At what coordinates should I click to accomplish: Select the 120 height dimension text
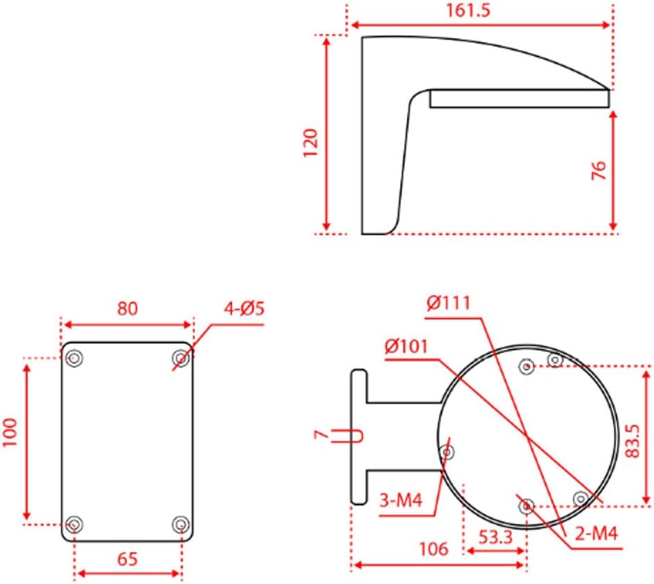point(310,142)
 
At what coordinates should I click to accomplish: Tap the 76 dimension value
point(598,170)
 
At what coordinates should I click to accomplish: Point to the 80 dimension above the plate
point(127,308)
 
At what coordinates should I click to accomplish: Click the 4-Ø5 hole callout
point(244,308)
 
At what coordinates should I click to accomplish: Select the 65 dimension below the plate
point(128,558)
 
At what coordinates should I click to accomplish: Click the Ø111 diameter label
point(449,303)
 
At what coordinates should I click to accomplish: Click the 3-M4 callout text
point(401,500)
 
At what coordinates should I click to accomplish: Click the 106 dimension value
point(433,549)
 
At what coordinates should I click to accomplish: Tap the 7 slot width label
point(320,434)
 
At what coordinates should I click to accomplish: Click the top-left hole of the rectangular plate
point(74,358)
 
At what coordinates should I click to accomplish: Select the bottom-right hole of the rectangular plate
point(180,523)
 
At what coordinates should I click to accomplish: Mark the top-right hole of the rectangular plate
point(181,358)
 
